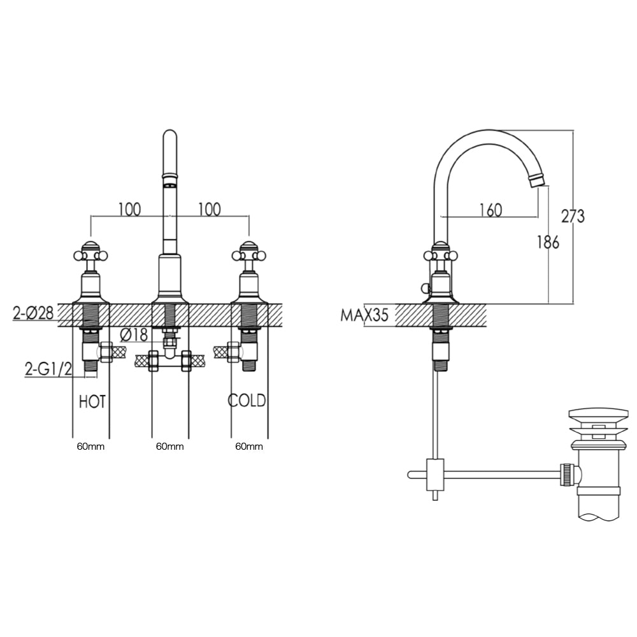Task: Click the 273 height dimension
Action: click(573, 217)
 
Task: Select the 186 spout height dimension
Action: click(547, 242)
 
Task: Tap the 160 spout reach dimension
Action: click(490, 210)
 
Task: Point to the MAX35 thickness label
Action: click(364, 315)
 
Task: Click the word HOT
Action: click(92, 402)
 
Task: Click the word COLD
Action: click(247, 401)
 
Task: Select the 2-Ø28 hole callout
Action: click(34, 313)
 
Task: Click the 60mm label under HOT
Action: click(90, 447)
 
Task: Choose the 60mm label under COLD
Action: click(248, 447)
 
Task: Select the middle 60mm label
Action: click(169, 447)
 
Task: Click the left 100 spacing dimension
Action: click(129, 209)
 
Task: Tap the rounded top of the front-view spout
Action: click(170, 136)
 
